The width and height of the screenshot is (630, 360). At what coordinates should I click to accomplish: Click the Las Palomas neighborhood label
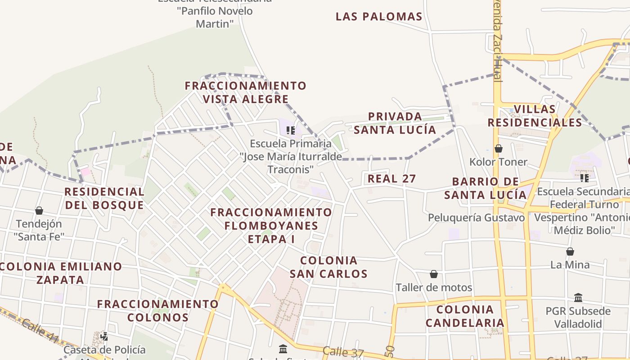pyautogui.click(x=379, y=17)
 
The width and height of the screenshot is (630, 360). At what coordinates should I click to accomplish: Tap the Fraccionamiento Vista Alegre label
pyautogui.click(x=246, y=92)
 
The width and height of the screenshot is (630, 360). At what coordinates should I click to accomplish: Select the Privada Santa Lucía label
pyautogui.click(x=395, y=123)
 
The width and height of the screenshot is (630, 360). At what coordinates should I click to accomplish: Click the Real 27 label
pyautogui.click(x=391, y=179)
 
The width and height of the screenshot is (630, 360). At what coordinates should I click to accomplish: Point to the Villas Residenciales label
pyautogui.click(x=535, y=116)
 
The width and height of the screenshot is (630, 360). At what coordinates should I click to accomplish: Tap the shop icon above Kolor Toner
pyautogui.click(x=499, y=148)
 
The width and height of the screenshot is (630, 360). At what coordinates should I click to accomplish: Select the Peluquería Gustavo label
pyautogui.click(x=476, y=218)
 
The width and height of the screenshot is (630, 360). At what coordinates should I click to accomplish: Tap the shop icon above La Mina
pyautogui.click(x=570, y=252)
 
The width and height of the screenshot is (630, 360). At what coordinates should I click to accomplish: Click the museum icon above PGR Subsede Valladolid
pyautogui.click(x=578, y=297)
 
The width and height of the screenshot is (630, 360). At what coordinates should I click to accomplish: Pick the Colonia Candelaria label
pyautogui.click(x=465, y=316)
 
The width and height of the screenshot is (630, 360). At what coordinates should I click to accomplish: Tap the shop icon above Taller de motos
pyautogui.click(x=434, y=274)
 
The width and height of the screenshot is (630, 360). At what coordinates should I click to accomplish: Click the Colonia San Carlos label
pyautogui.click(x=328, y=267)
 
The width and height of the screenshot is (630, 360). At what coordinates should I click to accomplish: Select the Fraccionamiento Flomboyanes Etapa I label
pyautogui.click(x=271, y=225)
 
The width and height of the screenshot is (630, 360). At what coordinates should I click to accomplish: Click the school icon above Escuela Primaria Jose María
pyautogui.click(x=291, y=130)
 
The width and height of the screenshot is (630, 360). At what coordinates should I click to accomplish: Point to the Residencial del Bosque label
pyautogui.click(x=104, y=198)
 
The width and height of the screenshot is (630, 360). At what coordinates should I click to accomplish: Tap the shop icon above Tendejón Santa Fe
pyautogui.click(x=39, y=211)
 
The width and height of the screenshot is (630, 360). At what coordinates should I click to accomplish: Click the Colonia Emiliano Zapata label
pyautogui.click(x=60, y=273)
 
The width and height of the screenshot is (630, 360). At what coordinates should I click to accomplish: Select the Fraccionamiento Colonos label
pyautogui.click(x=158, y=310)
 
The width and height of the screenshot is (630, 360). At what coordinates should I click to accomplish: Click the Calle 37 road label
pyautogui.click(x=343, y=352)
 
